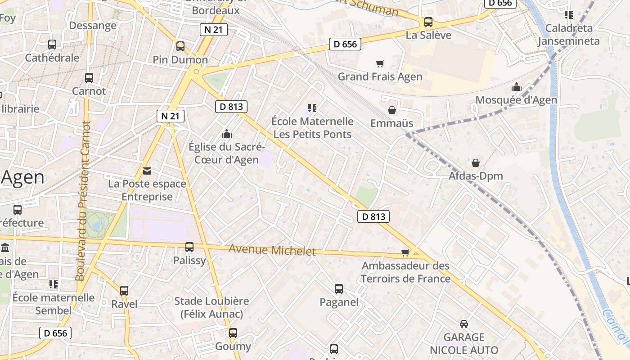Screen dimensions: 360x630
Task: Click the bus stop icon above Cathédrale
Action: tap(52, 45)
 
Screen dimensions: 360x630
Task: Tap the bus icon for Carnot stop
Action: tap(89, 77)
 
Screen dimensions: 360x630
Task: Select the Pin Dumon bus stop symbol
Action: tap(180, 46)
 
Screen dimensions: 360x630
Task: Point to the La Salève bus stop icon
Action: tap(428, 22)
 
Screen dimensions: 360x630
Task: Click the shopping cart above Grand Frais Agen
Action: tap(380, 63)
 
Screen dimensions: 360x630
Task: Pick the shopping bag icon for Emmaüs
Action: tap(392, 110)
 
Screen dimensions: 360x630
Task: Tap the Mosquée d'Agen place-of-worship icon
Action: tap(517, 87)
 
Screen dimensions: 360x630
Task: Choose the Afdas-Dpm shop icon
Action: tap(476, 162)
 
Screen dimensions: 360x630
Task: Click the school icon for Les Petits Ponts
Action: tap(312, 108)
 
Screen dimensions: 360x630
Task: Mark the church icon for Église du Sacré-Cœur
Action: tap(227, 134)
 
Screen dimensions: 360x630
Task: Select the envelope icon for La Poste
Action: tap(147, 171)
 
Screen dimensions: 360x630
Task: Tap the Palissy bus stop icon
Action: tap(189, 247)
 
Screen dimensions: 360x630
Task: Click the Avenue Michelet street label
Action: tap(272, 250)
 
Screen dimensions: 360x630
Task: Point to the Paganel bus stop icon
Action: tap(339, 289)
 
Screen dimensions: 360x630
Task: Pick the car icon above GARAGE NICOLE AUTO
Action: tap(464, 324)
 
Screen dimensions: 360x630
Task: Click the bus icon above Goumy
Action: tap(233, 333)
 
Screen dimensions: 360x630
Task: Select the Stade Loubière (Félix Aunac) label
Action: tap(211, 307)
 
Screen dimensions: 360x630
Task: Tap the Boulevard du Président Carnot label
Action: tap(83, 200)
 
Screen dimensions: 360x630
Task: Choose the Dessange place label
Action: tap(93, 25)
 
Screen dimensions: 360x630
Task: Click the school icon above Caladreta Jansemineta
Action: tap(569, 15)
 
